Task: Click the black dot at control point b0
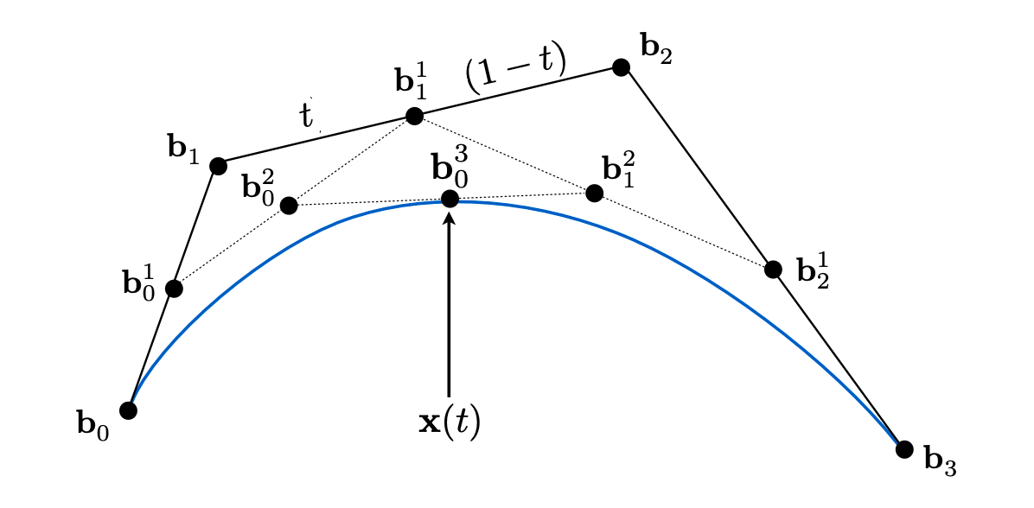click(129, 410)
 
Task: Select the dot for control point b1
click(218, 166)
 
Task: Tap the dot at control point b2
click(621, 67)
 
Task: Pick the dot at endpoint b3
click(904, 449)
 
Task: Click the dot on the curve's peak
click(450, 199)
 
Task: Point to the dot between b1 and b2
click(414, 117)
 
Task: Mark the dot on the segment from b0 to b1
click(174, 289)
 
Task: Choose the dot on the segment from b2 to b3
click(773, 269)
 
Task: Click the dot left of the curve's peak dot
click(289, 206)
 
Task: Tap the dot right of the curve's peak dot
click(594, 193)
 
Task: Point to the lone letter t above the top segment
click(305, 115)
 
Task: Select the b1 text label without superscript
click(183, 149)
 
